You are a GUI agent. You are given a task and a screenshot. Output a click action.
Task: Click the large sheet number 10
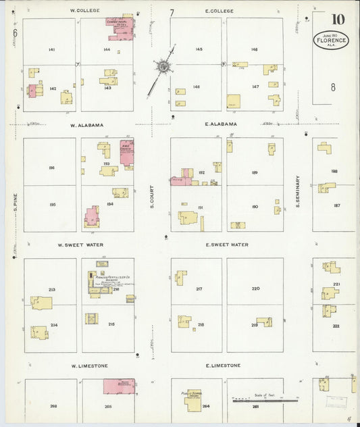click(x=337, y=19)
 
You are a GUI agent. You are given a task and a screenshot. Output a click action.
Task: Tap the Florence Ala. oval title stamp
click(x=330, y=39)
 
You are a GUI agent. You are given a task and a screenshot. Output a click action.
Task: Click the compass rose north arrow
click(x=162, y=67)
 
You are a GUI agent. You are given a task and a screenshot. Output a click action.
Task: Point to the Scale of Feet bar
click(x=264, y=400)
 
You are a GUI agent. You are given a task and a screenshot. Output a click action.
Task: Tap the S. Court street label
click(x=153, y=195)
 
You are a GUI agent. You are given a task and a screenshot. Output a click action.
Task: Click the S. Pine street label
click(x=14, y=203)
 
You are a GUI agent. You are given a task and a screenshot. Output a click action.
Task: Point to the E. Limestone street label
click(x=223, y=366)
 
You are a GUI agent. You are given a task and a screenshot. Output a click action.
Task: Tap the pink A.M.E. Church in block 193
click(x=126, y=151)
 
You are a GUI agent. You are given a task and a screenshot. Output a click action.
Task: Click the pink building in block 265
click(x=118, y=386)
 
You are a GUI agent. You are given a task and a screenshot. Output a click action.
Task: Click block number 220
click(x=255, y=288)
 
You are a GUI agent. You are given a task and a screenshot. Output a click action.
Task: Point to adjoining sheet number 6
click(x=14, y=32)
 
